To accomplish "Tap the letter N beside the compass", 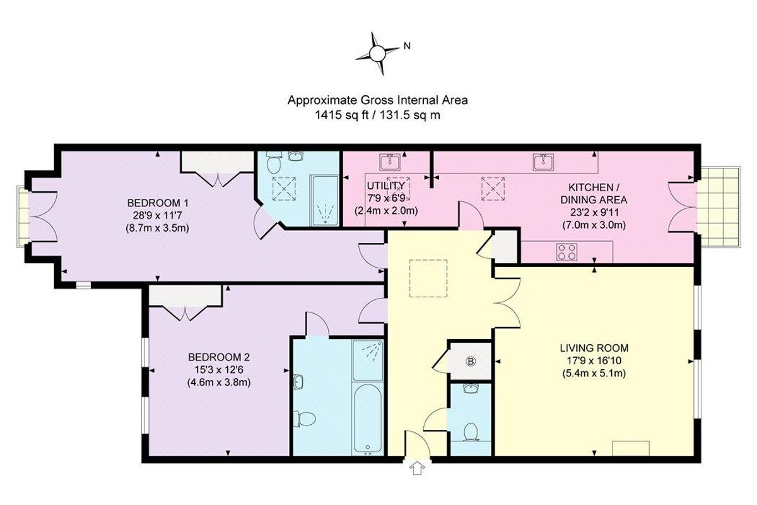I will (408, 45).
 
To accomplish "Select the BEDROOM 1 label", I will (158, 203).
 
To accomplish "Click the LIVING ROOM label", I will (594, 348).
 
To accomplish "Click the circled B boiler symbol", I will (470, 362).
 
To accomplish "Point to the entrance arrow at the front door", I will (416, 468).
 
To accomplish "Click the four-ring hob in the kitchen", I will (566, 251).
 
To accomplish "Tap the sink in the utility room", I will (391, 163).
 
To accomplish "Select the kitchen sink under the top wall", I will (543, 163).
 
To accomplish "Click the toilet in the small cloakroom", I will (470, 431).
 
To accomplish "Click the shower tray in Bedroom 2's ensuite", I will (367, 360).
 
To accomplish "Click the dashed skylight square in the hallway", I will (429, 278).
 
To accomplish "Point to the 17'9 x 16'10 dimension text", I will (594, 360).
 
